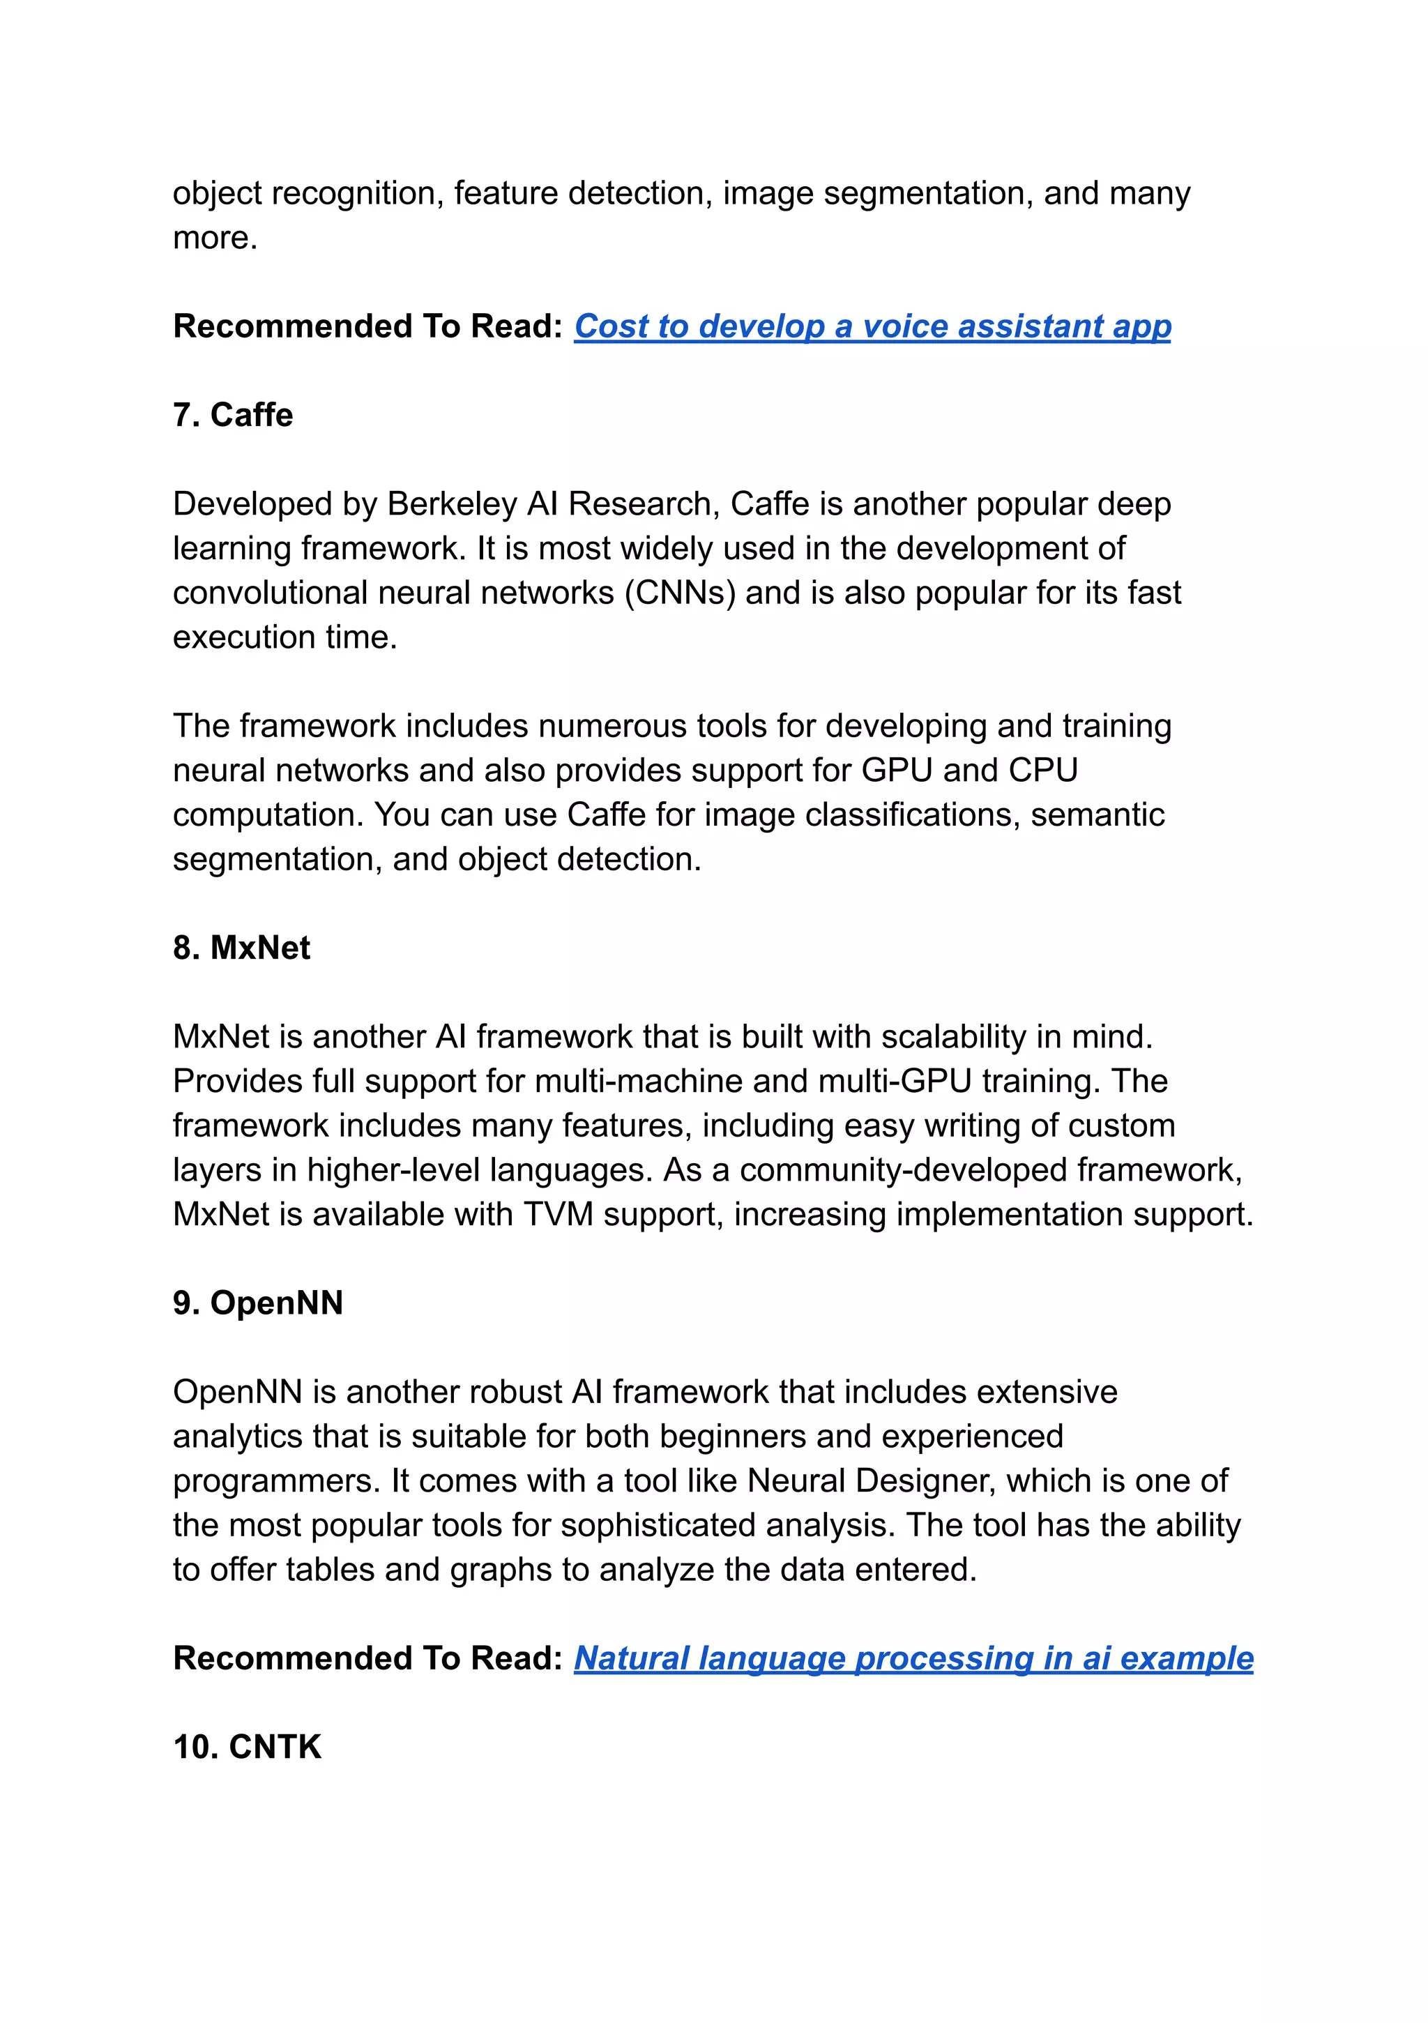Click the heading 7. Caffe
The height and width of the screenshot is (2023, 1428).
pyautogui.click(x=233, y=415)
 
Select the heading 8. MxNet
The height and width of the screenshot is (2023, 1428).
pyautogui.click(x=241, y=948)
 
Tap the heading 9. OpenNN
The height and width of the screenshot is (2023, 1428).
pyautogui.click(x=257, y=1303)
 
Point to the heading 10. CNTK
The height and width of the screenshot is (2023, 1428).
pyautogui.click(x=247, y=1748)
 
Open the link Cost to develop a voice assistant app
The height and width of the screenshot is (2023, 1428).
pyautogui.click(x=872, y=327)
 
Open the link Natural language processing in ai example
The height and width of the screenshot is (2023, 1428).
pyautogui.click(x=913, y=1659)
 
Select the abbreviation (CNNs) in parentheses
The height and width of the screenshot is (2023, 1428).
pyautogui.click(x=680, y=593)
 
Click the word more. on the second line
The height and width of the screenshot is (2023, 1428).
pyautogui.click(x=215, y=238)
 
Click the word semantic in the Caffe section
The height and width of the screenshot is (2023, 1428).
pyautogui.click(x=1097, y=815)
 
